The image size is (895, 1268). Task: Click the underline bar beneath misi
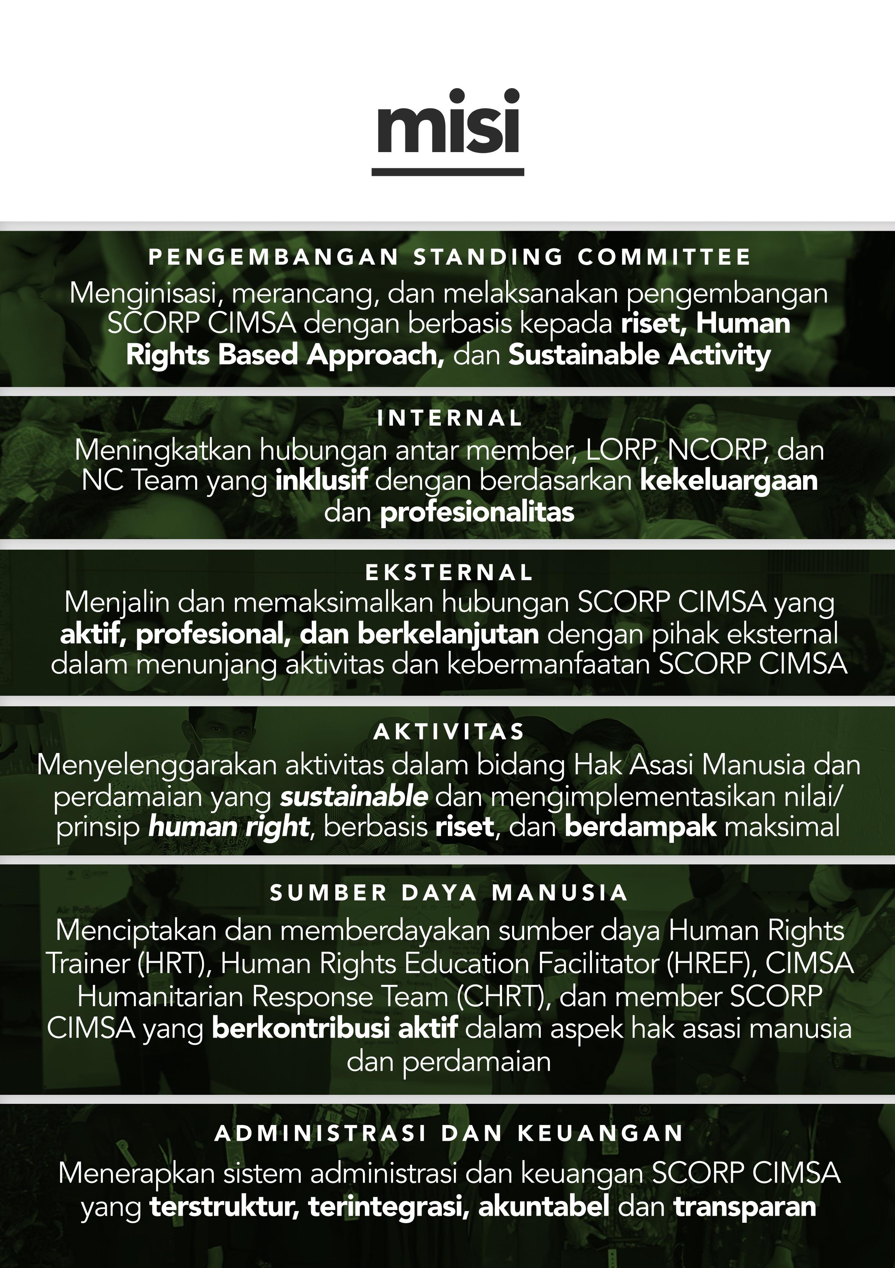pyautogui.click(x=447, y=172)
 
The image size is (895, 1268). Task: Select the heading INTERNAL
pyautogui.click(x=450, y=418)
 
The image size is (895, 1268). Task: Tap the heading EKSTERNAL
pyautogui.click(x=449, y=573)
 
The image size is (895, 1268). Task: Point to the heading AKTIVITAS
pyautogui.click(x=449, y=732)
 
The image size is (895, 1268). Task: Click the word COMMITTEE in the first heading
pyautogui.click(x=664, y=257)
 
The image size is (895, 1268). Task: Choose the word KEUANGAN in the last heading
pyautogui.click(x=601, y=1133)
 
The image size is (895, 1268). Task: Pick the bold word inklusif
pyautogui.click(x=321, y=480)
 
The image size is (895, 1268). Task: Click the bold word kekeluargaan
pyautogui.click(x=728, y=480)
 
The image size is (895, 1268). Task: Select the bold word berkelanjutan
pyautogui.click(x=448, y=634)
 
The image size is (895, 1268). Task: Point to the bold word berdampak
pyautogui.click(x=640, y=827)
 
